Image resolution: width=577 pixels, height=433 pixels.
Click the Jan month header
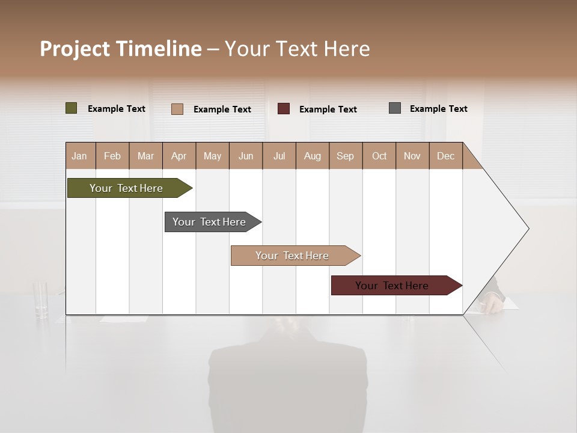(x=80, y=156)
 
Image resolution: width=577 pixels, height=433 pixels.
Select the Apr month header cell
(x=179, y=156)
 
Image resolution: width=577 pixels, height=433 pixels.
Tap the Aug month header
(x=313, y=156)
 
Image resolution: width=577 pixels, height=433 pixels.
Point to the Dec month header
(x=445, y=156)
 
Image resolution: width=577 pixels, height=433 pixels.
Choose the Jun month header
(x=246, y=156)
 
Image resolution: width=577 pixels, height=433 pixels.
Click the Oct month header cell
(x=379, y=156)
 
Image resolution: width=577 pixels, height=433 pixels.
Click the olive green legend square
(x=71, y=108)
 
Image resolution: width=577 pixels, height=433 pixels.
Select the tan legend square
(x=177, y=109)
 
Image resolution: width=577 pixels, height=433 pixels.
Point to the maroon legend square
(x=284, y=109)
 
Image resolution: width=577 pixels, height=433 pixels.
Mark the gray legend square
(x=395, y=108)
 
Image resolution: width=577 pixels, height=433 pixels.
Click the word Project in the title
(x=75, y=49)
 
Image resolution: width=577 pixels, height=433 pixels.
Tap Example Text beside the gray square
(x=438, y=109)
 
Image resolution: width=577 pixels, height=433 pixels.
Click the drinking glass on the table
(x=41, y=299)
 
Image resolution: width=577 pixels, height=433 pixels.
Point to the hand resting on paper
(x=493, y=303)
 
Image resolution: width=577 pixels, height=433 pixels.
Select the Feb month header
(x=112, y=156)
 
